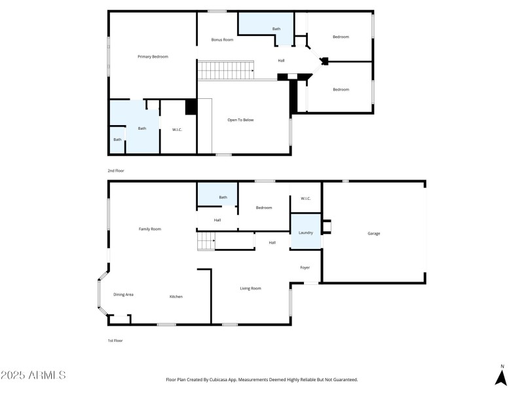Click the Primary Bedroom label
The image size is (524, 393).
click(x=153, y=57)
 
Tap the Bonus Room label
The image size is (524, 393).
click(x=222, y=40)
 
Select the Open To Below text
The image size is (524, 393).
click(x=240, y=120)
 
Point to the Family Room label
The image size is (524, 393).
click(x=149, y=229)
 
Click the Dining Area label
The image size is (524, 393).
click(x=123, y=295)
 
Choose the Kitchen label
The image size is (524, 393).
click(x=176, y=297)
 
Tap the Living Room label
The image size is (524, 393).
click(x=250, y=288)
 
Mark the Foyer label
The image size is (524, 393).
click(x=305, y=267)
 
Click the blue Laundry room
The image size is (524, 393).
click(x=305, y=233)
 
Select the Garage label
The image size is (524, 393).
click(x=373, y=233)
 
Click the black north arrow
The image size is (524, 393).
click(x=501, y=377)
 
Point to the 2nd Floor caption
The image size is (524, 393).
click(x=116, y=170)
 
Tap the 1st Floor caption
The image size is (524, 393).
click(x=115, y=341)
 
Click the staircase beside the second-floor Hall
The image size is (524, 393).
click(x=227, y=69)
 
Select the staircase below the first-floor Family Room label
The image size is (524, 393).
click(x=206, y=242)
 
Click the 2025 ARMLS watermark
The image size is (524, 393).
click(x=33, y=375)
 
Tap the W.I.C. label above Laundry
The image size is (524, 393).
click(x=305, y=198)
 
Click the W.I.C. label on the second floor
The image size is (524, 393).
click(x=176, y=129)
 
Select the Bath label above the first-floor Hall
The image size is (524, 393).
click(x=223, y=197)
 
